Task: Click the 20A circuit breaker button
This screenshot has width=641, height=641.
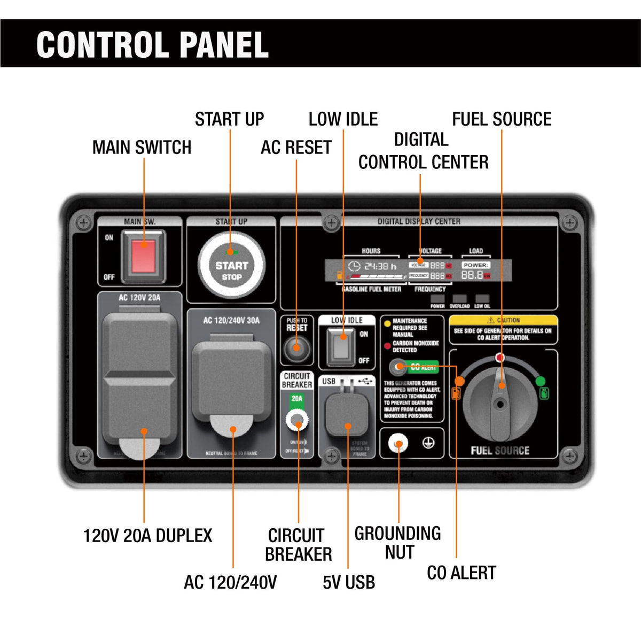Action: pyautogui.click(x=297, y=420)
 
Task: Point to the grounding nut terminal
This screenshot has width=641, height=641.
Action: pyautogui.click(x=398, y=443)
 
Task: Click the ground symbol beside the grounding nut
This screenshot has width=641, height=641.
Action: pyautogui.click(x=428, y=443)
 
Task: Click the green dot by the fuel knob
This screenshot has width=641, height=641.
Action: pyautogui.click(x=540, y=381)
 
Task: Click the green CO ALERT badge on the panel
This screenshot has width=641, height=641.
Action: pyautogui.click(x=424, y=367)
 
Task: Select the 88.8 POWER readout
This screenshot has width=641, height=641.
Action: pyautogui.click(x=472, y=275)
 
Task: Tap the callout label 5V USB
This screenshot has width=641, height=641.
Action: pyautogui.click(x=349, y=582)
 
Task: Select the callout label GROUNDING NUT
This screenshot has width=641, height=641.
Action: pyautogui.click(x=398, y=543)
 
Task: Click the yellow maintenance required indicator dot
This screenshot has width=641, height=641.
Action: pyautogui.click(x=387, y=323)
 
